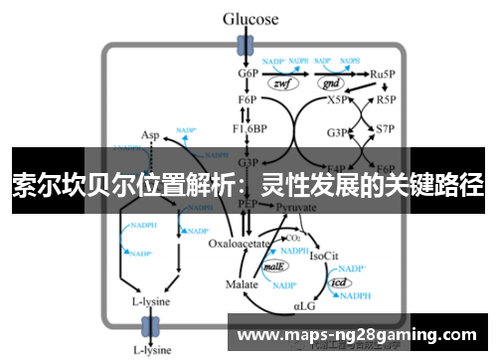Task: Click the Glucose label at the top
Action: (x=248, y=18)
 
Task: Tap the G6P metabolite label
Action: (x=248, y=74)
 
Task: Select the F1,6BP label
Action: (x=248, y=129)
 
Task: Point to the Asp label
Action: (x=150, y=135)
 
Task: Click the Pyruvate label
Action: (x=296, y=207)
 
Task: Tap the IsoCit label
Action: (x=327, y=256)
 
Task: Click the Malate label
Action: (x=242, y=284)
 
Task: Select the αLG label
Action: (x=305, y=309)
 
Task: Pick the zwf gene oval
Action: (x=282, y=84)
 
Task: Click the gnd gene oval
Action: (x=329, y=84)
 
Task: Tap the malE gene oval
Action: (x=276, y=268)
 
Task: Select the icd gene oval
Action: (x=339, y=282)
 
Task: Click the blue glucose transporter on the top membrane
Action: (x=243, y=44)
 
